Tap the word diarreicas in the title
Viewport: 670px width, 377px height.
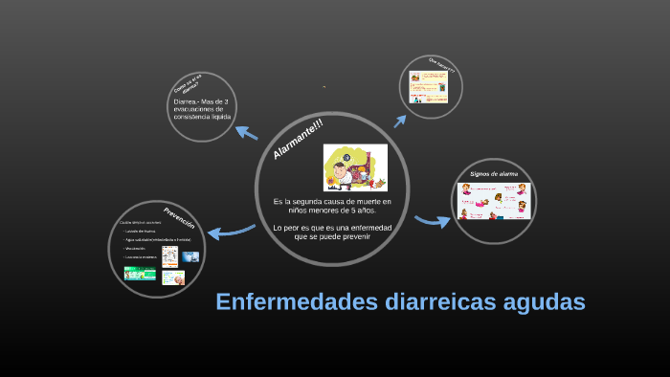coord(425,302)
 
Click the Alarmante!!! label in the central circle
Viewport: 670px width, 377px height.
coord(299,141)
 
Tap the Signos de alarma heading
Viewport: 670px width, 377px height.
coord(494,174)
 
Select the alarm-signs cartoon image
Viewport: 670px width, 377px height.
coord(491,202)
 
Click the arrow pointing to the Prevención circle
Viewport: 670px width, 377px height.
coord(230,230)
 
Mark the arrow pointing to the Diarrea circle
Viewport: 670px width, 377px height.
coord(247,133)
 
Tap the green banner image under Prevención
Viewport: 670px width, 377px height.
coord(140,273)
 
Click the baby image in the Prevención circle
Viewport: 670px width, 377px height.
coord(171,277)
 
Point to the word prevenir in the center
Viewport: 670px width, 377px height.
coord(350,236)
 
